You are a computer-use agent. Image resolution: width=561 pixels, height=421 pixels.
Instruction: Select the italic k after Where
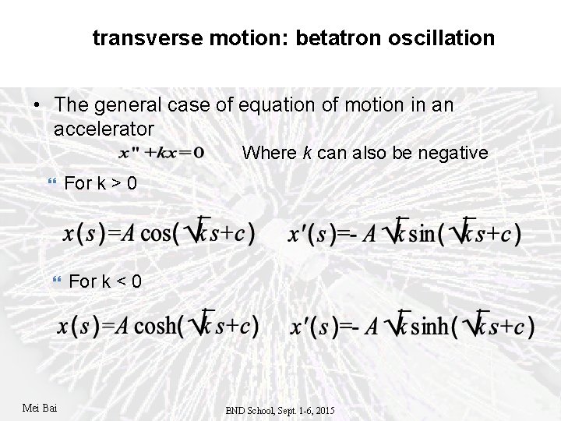coord(309,153)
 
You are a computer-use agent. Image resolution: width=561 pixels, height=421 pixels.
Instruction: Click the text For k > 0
coord(101,183)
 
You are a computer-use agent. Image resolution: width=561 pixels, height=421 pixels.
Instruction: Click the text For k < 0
coord(105,281)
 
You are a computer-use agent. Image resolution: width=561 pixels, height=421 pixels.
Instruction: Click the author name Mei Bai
coord(41,408)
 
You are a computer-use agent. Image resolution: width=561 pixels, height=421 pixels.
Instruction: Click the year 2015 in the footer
coord(323,410)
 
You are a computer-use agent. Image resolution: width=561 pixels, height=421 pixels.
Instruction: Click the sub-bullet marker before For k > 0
coord(53,183)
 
